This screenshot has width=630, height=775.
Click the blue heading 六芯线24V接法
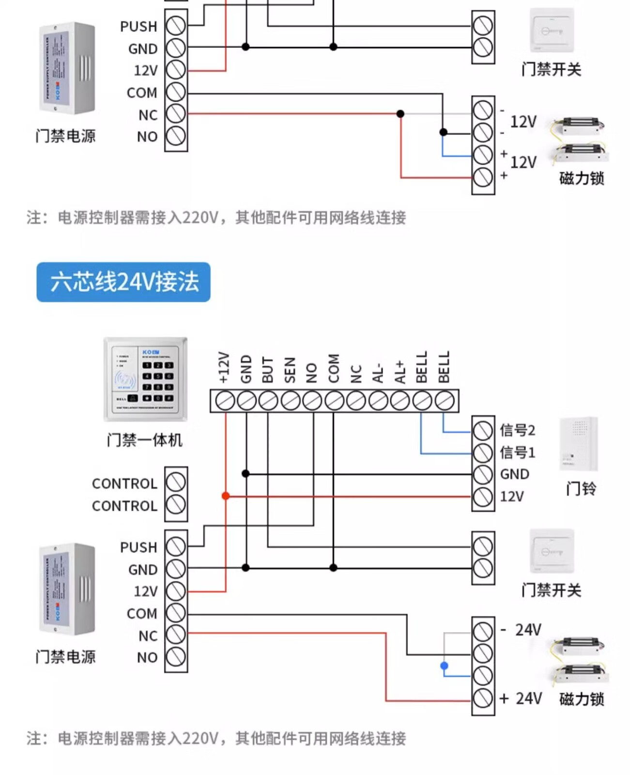click(x=123, y=282)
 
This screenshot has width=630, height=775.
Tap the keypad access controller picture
click(x=145, y=379)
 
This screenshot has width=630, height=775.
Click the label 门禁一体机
click(x=144, y=440)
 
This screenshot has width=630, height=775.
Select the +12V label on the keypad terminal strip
click(x=224, y=367)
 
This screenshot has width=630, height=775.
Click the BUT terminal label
click(x=268, y=370)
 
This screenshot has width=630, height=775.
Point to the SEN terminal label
click(x=290, y=370)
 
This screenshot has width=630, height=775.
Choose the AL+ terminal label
click(x=400, y=372)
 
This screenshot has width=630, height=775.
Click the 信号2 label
click(x=517, y=430)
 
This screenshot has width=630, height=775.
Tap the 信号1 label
click(x=517, y=452)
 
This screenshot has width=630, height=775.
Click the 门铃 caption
click(x=581, y=488)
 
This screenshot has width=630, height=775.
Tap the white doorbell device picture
click(x=579, y=444)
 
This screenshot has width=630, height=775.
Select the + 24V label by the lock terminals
click(x=521, y=698)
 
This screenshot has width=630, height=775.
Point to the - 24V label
click(x=521, y=630)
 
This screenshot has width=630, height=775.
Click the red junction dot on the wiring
click(x=226, y=496)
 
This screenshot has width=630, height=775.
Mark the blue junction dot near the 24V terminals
click(x=444, y=666)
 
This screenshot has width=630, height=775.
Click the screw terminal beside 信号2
click(x=483, y=430)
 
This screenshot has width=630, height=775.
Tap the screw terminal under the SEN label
click(x=290, y=401)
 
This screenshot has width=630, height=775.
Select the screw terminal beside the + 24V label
click(x=483, y=698)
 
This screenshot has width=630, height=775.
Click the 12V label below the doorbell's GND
click(x=512, y=496)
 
